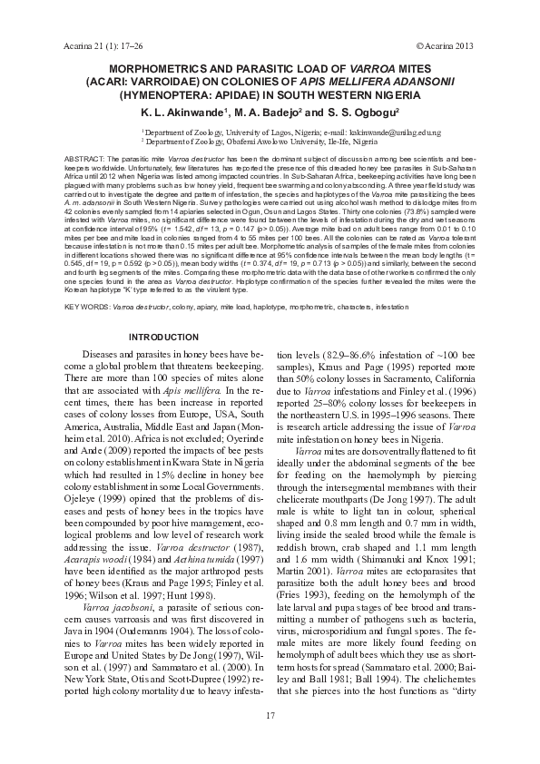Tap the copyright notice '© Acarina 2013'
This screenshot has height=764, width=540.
445,44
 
